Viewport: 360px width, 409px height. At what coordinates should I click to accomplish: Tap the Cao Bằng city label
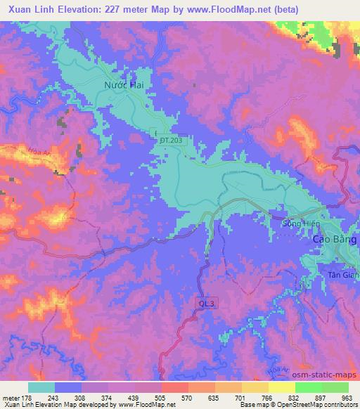[335, 240]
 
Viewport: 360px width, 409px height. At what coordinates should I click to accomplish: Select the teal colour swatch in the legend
[41, 387]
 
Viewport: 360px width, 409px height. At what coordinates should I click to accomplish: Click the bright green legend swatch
[309, 387]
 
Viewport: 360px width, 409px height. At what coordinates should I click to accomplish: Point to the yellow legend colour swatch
[282, 387]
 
